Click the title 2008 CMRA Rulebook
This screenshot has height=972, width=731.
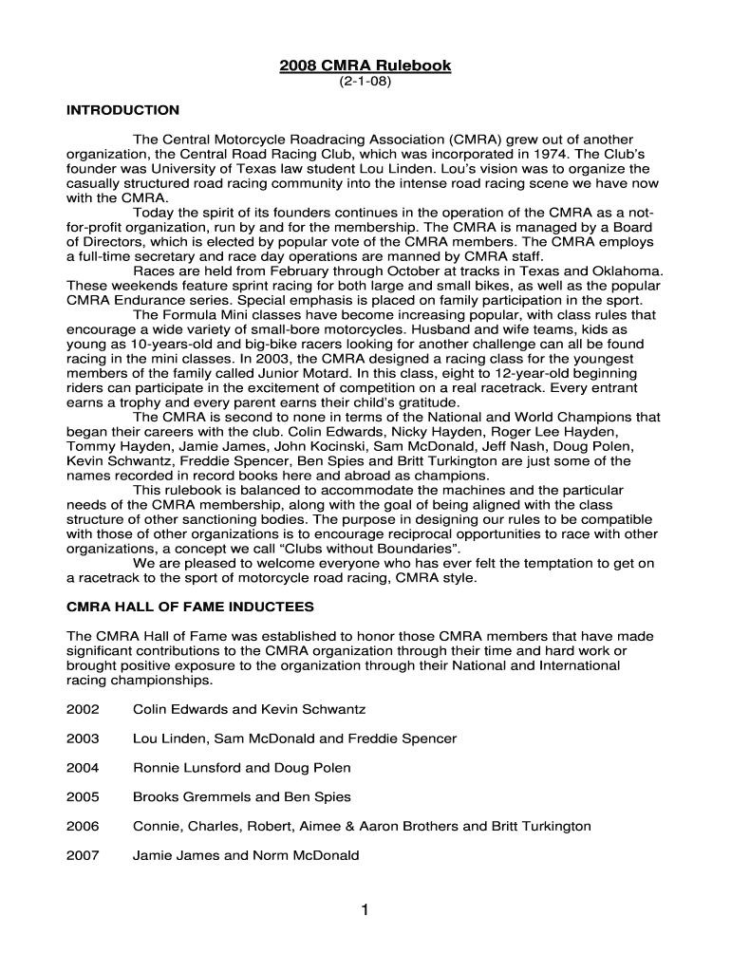tap(365, 65)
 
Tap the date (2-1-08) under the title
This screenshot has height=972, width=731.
tap(365, 83)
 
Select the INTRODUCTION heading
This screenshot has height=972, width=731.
tap(122, 111)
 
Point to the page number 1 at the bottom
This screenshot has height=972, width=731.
tap(365, 911)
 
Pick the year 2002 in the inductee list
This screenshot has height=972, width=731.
tap(83, 709)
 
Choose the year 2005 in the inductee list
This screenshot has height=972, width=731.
tap(83, 797)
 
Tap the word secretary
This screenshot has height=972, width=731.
tap(166, 256)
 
